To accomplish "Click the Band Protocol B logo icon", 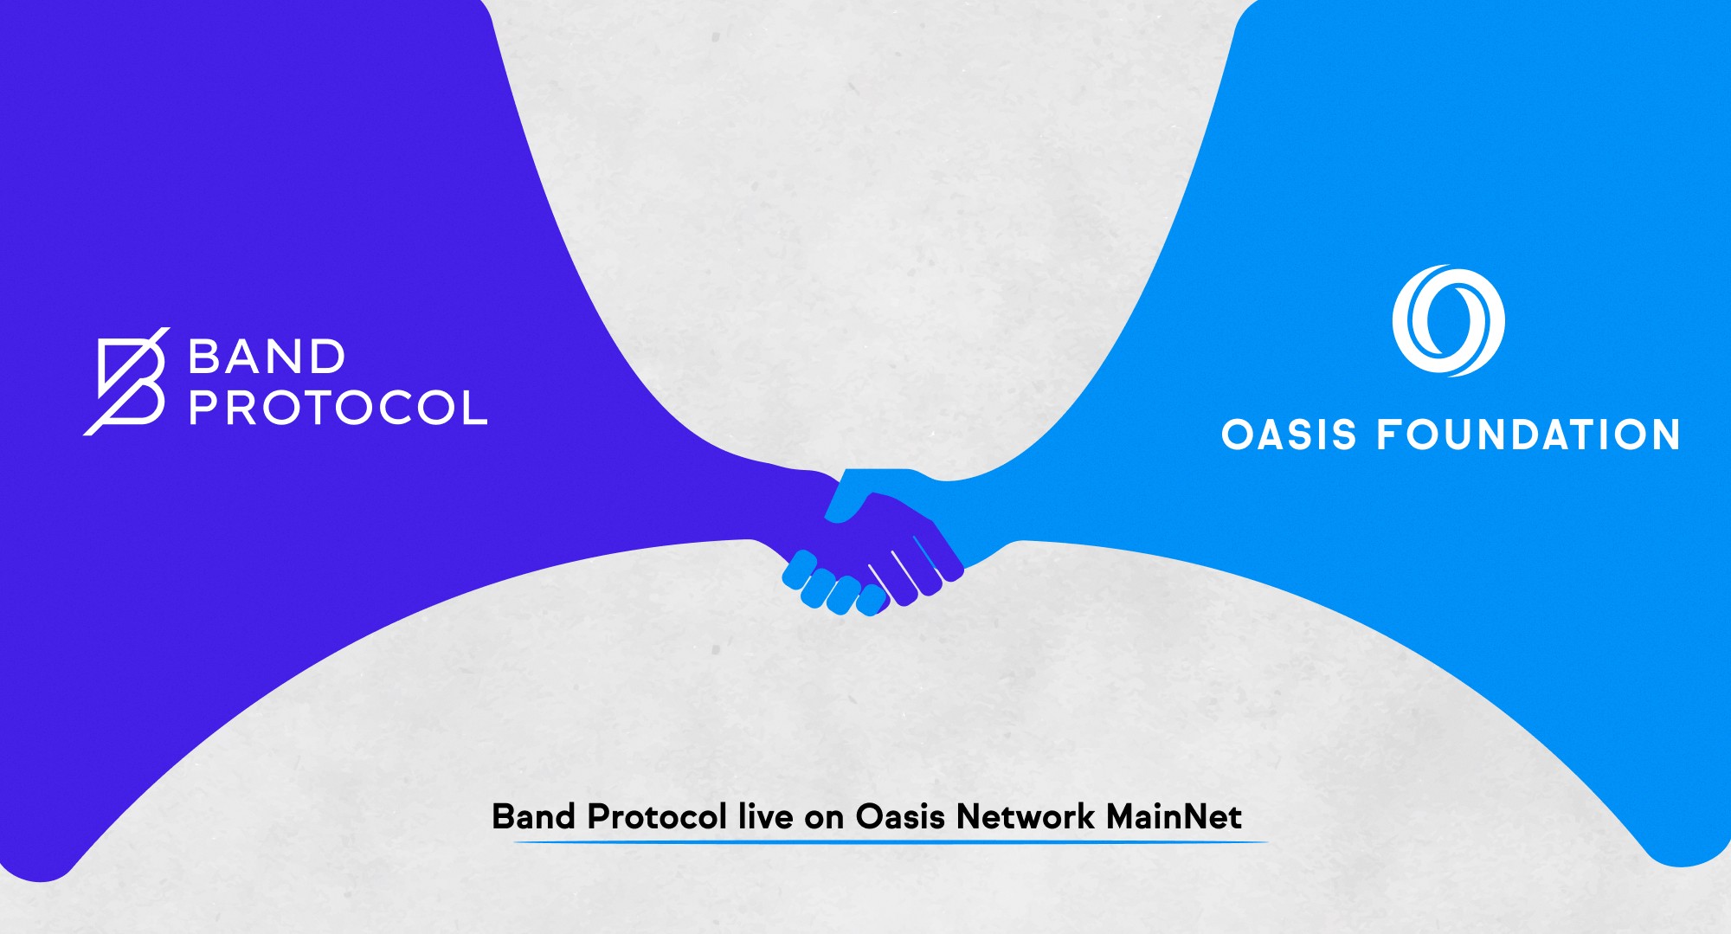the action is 126,381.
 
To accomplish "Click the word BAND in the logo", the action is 267,357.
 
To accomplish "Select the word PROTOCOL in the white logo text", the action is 338,407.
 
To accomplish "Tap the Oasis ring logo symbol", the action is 1448,320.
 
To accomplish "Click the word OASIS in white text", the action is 1289,435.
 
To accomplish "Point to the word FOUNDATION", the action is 1528,435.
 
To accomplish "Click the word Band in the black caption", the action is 533,816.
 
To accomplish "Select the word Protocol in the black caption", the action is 657,816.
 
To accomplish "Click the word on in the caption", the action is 824,820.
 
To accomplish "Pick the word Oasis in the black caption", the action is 900,816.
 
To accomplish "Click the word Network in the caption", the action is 1026,816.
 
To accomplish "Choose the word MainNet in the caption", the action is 1174,816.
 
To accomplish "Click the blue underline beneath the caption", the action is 891,841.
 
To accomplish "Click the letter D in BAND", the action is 325,357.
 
